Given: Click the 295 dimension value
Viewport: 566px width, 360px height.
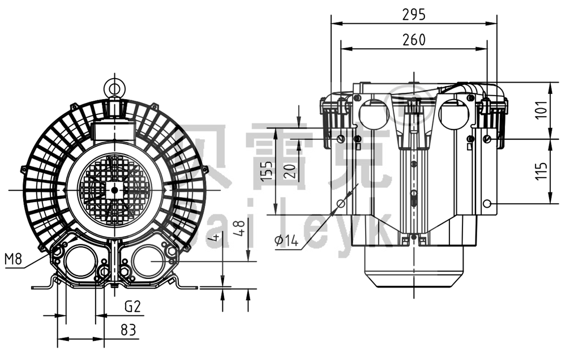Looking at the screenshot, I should click(x=413, y=15).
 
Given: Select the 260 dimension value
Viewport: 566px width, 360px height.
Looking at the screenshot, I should click(x=414, y=40).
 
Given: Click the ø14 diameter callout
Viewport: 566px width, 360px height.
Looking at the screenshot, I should click(x=287, y=241).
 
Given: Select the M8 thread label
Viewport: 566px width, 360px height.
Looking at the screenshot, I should click(x=13, y=260).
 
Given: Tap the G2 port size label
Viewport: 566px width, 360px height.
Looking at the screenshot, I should click(x=132, y=307).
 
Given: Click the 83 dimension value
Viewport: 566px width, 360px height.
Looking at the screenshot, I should click(x=128, y=330).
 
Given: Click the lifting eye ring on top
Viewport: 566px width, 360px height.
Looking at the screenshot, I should click(x=115, y=88).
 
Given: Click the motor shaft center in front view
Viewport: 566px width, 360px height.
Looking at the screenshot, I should click(x=115, y=190).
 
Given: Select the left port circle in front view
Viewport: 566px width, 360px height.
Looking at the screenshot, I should click(x=80, y=263).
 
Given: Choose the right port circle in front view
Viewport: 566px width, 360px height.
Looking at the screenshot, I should click(x=148, y=263).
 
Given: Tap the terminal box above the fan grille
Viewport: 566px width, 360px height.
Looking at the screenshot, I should click(x=115, y=130).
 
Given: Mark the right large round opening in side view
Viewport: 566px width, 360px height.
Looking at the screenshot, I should click(x=454, y=113).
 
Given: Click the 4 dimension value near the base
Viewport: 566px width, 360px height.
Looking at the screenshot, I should click(x=213, y=237).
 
